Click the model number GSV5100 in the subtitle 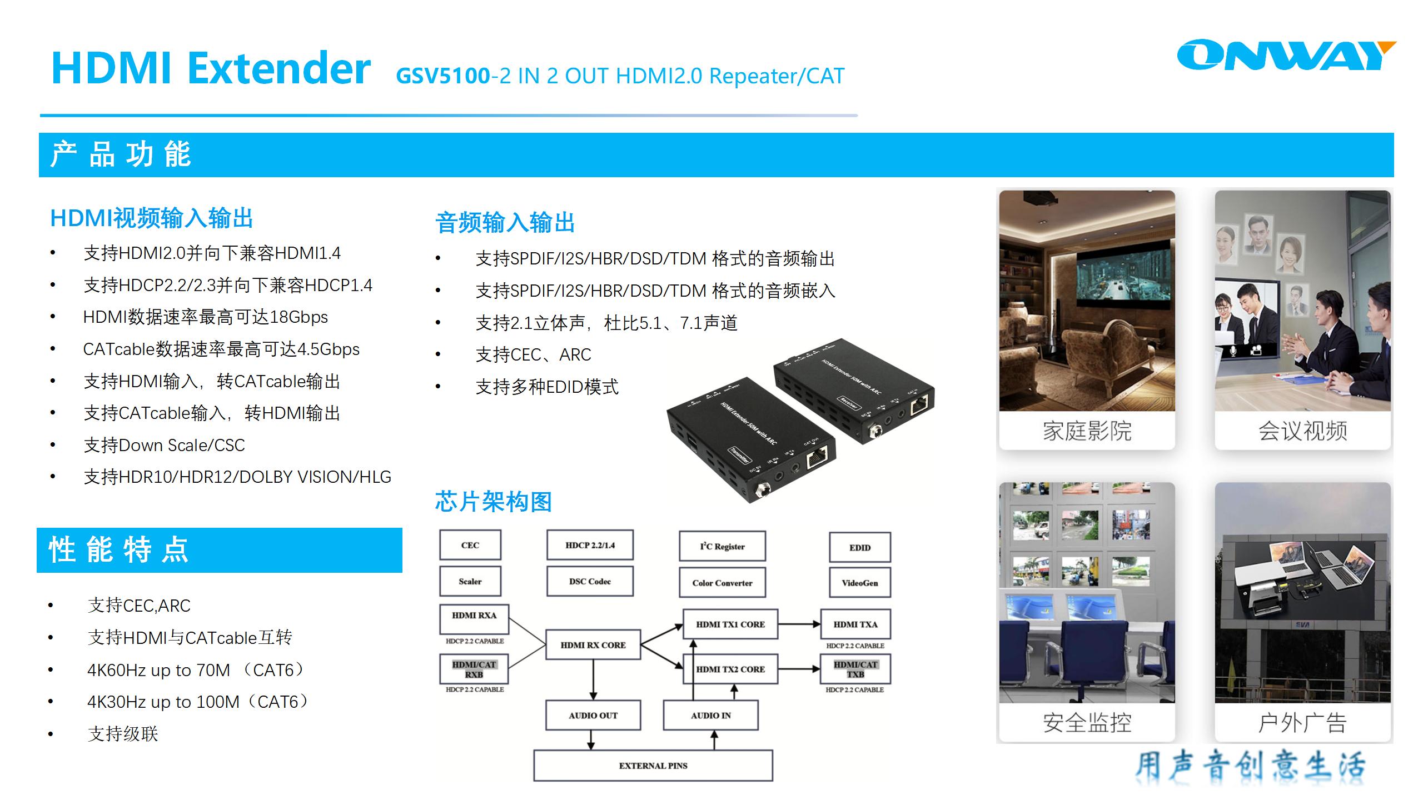(x=443, y=76)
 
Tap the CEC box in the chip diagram (x=470, y=545)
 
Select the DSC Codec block (x=590, y=581)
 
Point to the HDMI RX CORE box (x=593, y=645)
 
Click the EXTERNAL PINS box (x=653, y=766)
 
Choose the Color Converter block (x=722, y=583)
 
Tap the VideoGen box (x=859, y=583)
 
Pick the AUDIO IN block (x=710, y=716)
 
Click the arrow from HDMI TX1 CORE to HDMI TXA (x=799, y=624)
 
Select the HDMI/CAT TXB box (x=855, y=669)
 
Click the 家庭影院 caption (x=1087, y=431)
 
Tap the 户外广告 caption (x=1302, y=723)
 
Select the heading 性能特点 (x=120, y=550)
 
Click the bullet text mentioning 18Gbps (x=205, y=317)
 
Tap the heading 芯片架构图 (x=493, y=502)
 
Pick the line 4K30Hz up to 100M (x=197, y=702)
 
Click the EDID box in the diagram (x=859, y=547)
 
